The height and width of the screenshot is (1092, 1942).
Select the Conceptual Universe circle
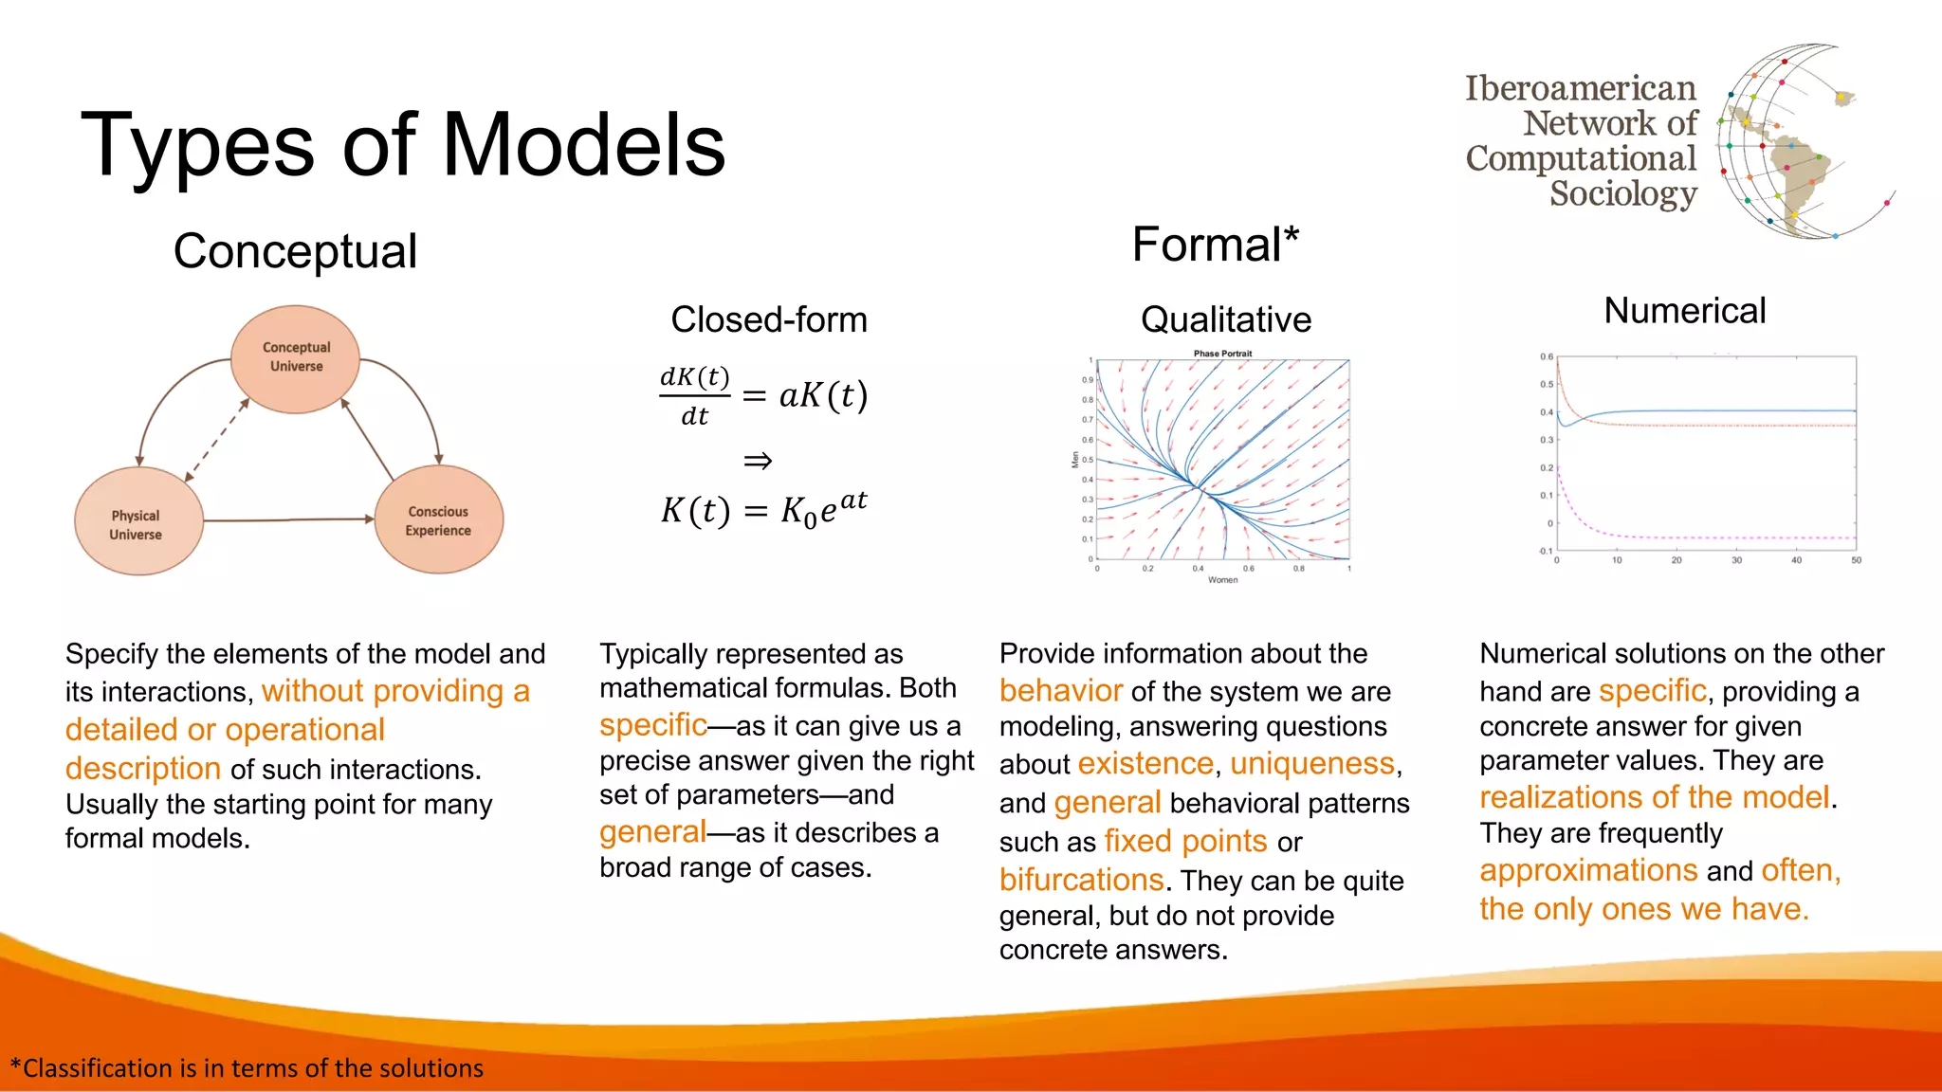pos(295,358)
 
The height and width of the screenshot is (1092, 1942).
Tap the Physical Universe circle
pos(138,521)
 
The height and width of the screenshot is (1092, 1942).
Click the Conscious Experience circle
pos(438,520)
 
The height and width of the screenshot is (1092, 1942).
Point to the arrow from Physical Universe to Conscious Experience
pos(289,519)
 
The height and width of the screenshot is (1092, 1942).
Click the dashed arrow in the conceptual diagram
pos(217,440)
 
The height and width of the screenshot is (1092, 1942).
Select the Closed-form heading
pos(768,319)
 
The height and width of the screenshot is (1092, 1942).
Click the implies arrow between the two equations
pos(757,462)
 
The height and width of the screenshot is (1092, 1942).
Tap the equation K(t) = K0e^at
pos(763,510)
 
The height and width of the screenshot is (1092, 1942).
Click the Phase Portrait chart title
pos(1222,354)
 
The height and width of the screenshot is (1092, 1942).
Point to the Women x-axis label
pos(1222,580)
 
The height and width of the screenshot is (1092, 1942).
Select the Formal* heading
pos(1215,245)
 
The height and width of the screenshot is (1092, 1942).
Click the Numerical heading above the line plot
pos(1684,311)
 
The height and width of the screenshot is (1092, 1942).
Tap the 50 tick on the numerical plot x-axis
pos(1856,561)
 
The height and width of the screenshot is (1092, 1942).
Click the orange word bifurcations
pos(1081,880)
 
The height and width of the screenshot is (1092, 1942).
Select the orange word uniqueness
pos(1312,764)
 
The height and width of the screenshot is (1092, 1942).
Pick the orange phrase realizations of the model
pos(1654,797)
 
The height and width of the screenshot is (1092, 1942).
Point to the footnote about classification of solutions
pos(247,1068)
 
